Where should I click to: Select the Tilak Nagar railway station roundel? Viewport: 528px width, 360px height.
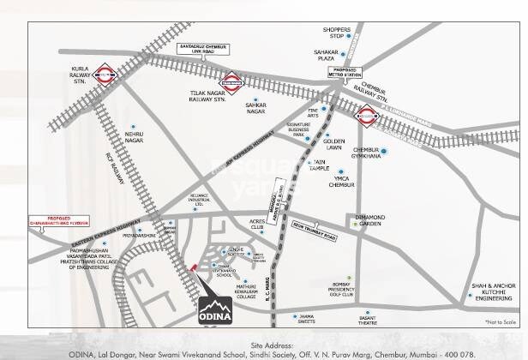pos(231,80)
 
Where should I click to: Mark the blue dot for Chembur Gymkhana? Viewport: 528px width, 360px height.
pos(383,153)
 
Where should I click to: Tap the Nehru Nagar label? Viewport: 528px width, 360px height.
pos(134,137)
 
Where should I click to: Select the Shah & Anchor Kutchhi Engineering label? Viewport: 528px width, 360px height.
pos(494,291)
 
